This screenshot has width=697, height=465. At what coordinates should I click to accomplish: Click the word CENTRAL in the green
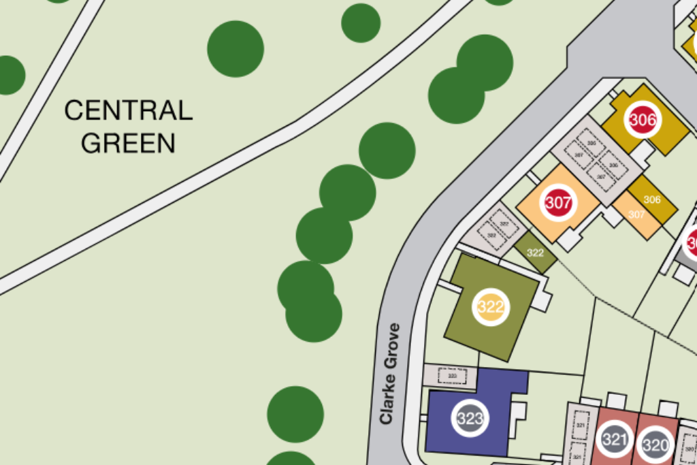click(x=129, y=110)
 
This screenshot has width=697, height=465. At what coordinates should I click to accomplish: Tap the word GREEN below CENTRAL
click(x=129, y=143)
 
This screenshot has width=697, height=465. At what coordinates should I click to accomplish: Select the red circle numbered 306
click(x=643, y=121)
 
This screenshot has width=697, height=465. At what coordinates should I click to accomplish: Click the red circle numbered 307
click(x=558, y=202)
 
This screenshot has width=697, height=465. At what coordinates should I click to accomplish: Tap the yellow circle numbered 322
click(x=491, y=307)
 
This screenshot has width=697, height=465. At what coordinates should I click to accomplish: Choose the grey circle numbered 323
click(x=470, y=419)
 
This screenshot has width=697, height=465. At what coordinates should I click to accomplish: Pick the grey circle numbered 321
click(x=614, y=440)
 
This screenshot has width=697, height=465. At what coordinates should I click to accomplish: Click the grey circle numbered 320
click(x=655, y=445)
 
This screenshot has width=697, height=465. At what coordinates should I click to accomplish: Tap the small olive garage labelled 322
click(x=536, y=253)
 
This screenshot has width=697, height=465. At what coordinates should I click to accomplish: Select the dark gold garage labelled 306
click(x=652, y=199)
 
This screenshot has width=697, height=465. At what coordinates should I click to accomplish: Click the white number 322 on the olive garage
click(x=536, y=253)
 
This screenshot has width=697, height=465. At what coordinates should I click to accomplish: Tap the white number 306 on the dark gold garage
click(x=652, y=199)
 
